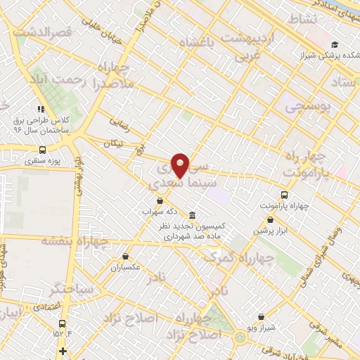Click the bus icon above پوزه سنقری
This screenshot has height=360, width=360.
tap(44, 150)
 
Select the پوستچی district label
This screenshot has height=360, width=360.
tap(312, 106)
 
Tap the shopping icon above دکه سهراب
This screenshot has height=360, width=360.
tap(160, 200)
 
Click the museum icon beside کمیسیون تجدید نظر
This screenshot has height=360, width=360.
tap(192, 214)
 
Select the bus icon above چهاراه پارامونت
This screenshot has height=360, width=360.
tap(284, 195)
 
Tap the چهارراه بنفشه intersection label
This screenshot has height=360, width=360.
tap(75, 241)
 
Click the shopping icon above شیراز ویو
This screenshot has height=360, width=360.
tap(262, 317)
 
